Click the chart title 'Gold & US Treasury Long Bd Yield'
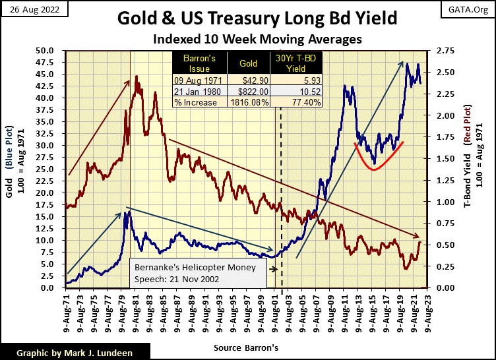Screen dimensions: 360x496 [x=249, y=17]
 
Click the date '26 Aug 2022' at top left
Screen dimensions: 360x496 [x=31, y=9]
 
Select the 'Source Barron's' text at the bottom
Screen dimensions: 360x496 [x=247, y=346]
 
